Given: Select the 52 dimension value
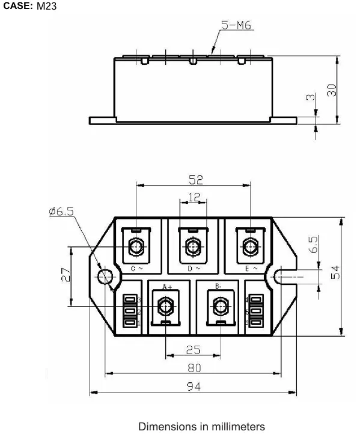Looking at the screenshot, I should tap(195, 179).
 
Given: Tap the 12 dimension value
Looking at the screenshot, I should tap(193, 197).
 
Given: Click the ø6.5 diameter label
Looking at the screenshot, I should tap(61, 212).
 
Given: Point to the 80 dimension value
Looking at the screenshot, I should tap(194, 367).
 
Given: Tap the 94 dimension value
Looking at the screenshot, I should tap(193, 387).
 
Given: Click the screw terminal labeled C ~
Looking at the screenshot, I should tap(136, 246).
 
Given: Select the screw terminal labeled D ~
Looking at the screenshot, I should tap(193, 246).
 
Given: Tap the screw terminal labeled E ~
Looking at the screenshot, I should tap(249, 246).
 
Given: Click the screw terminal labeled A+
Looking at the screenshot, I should tap(165, 305).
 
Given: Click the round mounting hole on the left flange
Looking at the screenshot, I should tap(105, 276).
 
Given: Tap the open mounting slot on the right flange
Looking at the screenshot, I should tap(282, 276).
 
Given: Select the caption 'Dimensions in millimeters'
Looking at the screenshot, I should tap(201, 427).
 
